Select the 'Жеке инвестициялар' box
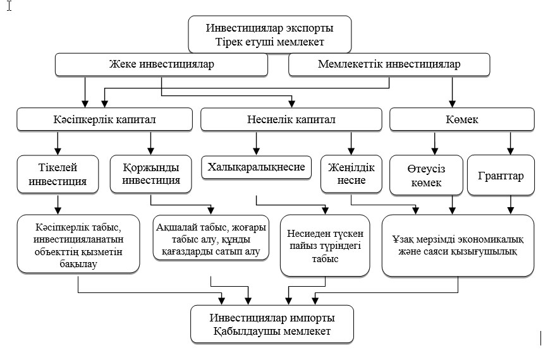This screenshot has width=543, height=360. [x=161, y=64]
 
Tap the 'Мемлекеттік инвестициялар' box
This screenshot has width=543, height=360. [x=389, y=64]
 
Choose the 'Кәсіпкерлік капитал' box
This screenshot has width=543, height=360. [x=104, y=119]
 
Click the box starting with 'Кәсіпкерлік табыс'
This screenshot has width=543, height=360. [x=78, y=244]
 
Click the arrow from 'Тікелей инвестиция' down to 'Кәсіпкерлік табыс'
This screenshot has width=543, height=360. [x=58, y=203]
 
